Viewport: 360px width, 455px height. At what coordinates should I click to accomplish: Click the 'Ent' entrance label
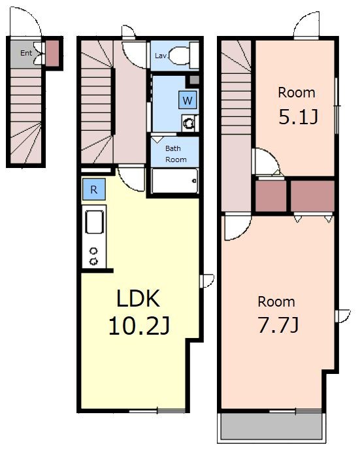pyautogui.click(x=26, y=53)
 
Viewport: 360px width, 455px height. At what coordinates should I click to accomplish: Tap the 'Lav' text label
pyautogui.click(x=161, y=56)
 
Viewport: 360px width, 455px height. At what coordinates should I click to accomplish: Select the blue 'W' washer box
pyautogui.click(x=188, y=100)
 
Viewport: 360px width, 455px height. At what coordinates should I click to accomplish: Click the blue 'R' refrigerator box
pyautogui.click(x=93, y=190)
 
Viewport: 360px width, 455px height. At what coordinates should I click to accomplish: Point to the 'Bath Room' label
pyautogui.click(x=176, y=154)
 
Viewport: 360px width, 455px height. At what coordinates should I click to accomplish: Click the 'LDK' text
pyautogui.click(x=138, y=299)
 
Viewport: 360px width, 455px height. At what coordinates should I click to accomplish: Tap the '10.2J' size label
pyautogui.click(x=139, y=326)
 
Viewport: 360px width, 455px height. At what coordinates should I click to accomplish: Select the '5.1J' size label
pyautogui.click(x=298, y=116)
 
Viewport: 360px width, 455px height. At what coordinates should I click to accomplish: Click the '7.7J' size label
pyautogui.click(x=278, y=326)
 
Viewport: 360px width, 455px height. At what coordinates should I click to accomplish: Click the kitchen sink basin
pyautogui.click(x=95, y=222)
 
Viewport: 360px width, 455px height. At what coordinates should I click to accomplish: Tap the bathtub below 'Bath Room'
pyautogui.click(x=174, y=181)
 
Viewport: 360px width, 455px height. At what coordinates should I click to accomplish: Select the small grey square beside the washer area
pyautogui.click(x=194, y=80)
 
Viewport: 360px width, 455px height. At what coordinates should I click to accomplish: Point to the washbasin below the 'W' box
pyautogui.click(x=189, y=123)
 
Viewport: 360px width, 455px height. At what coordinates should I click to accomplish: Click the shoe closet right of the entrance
pyautogui.click(x=52, y=53)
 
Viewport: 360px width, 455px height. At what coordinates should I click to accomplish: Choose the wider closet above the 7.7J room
pyautogui.click(x=312, y=196)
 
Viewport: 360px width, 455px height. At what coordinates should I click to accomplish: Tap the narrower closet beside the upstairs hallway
pyautogui.click(x=270, y=196)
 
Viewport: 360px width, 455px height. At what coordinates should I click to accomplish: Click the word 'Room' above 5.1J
pyautogui.click(x=297, y=93)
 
